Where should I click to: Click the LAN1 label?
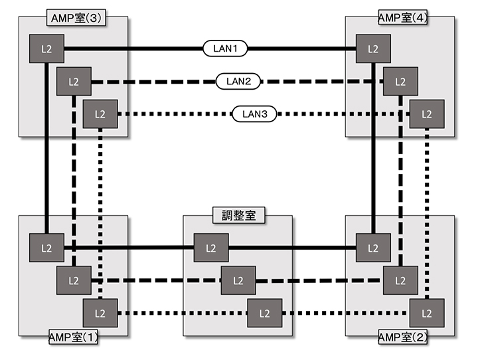point(225,48)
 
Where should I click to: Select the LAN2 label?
point(238,82)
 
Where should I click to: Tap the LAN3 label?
point(254,114)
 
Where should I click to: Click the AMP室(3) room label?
point(75,17)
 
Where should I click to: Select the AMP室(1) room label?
point(74,337)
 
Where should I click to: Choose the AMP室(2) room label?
point(402,337)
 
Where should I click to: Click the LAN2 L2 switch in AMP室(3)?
point(73,82)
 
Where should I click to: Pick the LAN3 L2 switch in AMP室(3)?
point(100,114)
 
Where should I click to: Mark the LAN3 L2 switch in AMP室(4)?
point(426,114)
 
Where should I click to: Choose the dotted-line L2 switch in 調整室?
point(264,313)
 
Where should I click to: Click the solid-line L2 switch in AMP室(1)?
point(46,248)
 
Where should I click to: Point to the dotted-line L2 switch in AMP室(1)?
point(100,313)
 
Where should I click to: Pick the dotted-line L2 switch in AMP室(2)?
point(426,313)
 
